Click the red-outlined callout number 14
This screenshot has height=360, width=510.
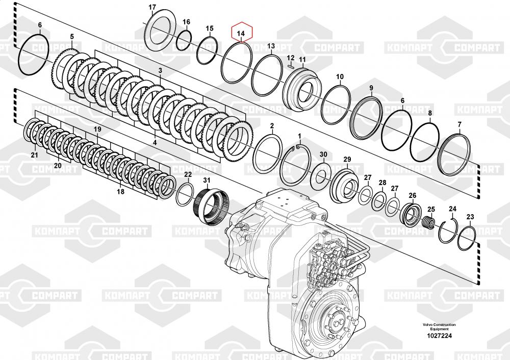point(242,34)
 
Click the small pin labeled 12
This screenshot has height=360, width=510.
point(290,65)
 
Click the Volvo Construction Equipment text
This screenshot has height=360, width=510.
point(439,327)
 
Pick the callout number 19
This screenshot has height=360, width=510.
point(97,131)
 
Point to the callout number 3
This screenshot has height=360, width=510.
point(160,70)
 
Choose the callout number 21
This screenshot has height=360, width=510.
point(34,155)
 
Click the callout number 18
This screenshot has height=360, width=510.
point(120,191)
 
